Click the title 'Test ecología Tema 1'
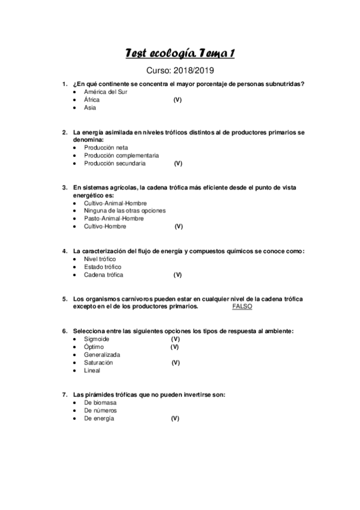tap(180, 54)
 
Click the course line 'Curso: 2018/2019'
tap(180, 71)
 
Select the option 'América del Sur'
tap(105, 91)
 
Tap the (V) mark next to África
tap(177, 100)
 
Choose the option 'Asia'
tap(90, 108)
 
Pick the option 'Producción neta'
tap(106, 147)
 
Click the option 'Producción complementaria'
tap(121, 155)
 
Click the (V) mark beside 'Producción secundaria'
tap(178, 163)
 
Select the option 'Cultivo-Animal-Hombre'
tap(115, 203)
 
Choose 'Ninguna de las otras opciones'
tap(125, 211)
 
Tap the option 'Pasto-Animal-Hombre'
tap(114, 219)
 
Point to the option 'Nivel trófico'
tap(100, 259)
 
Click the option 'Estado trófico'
tap(102, 266)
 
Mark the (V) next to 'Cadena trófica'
tap(177, 274)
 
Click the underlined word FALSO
tap(242, 306)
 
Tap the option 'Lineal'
tap(92, 370)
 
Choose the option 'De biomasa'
tap(100, 402)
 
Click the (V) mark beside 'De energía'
tap(175, 418)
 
